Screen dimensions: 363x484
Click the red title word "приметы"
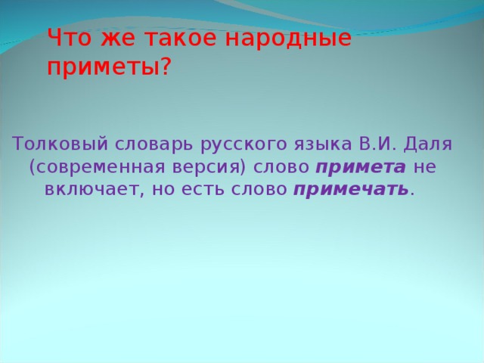pos(103,68)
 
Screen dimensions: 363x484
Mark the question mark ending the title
pos(166,67)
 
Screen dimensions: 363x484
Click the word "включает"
pos(91,189)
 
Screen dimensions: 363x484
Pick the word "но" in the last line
pos(163,189)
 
